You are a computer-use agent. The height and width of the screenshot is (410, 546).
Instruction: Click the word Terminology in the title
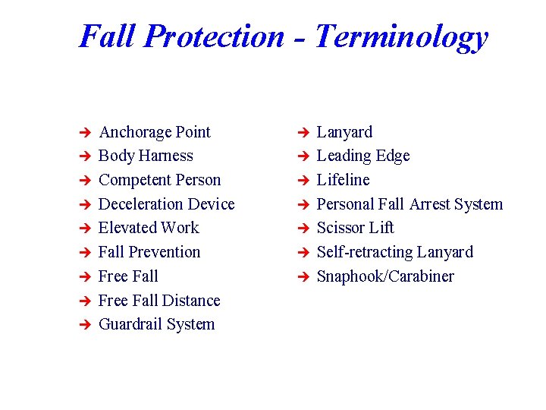coord(400,36)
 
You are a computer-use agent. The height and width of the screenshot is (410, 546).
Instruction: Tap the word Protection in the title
coord(213,36)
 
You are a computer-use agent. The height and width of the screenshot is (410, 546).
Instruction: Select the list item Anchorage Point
coord(154,132)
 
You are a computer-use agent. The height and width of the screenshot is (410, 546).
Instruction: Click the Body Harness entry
coord(146,156)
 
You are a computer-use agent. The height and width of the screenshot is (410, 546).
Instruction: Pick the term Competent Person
coord(159,180)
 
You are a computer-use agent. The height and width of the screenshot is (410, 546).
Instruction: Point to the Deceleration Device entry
coord(166,204)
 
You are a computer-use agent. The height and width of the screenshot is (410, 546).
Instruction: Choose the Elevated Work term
coord(149,228)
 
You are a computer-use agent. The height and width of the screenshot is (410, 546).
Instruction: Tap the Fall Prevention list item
coord(149,252)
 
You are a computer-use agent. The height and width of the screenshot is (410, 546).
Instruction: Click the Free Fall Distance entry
coord(159,301)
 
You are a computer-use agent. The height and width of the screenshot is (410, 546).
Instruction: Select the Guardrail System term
coord(156,324)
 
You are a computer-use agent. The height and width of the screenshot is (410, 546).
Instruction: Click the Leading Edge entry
coord(362,156)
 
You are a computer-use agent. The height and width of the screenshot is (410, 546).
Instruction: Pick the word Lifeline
coord(343,180)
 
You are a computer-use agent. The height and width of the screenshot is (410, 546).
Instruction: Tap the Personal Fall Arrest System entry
coord(409,204)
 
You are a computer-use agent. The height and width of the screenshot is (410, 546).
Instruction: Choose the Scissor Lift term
coord(355,228)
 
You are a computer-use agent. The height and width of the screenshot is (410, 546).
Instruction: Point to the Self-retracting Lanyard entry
coord(394,252)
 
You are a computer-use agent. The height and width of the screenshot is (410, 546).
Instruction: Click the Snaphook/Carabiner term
coord(385,276)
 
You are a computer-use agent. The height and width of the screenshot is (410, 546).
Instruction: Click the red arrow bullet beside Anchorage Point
coord(85,133)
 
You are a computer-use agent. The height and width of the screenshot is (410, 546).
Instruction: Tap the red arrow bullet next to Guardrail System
coord(85,325)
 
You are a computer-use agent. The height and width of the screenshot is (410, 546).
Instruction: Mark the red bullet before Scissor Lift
coord(303,229)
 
